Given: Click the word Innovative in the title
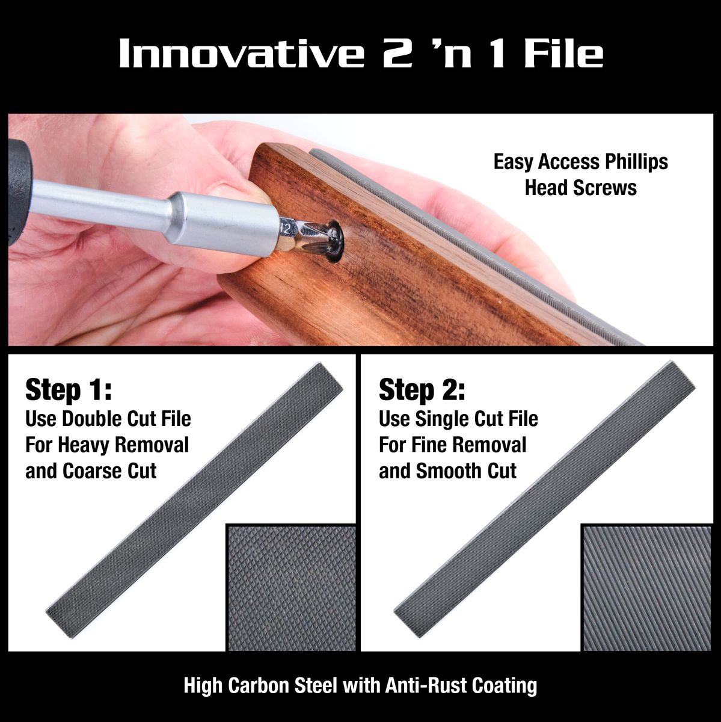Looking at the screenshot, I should click(x=241, y=54).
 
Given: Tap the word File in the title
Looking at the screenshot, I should click(x=562, y=54).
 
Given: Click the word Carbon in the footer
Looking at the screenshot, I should click(x=261, y=685).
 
